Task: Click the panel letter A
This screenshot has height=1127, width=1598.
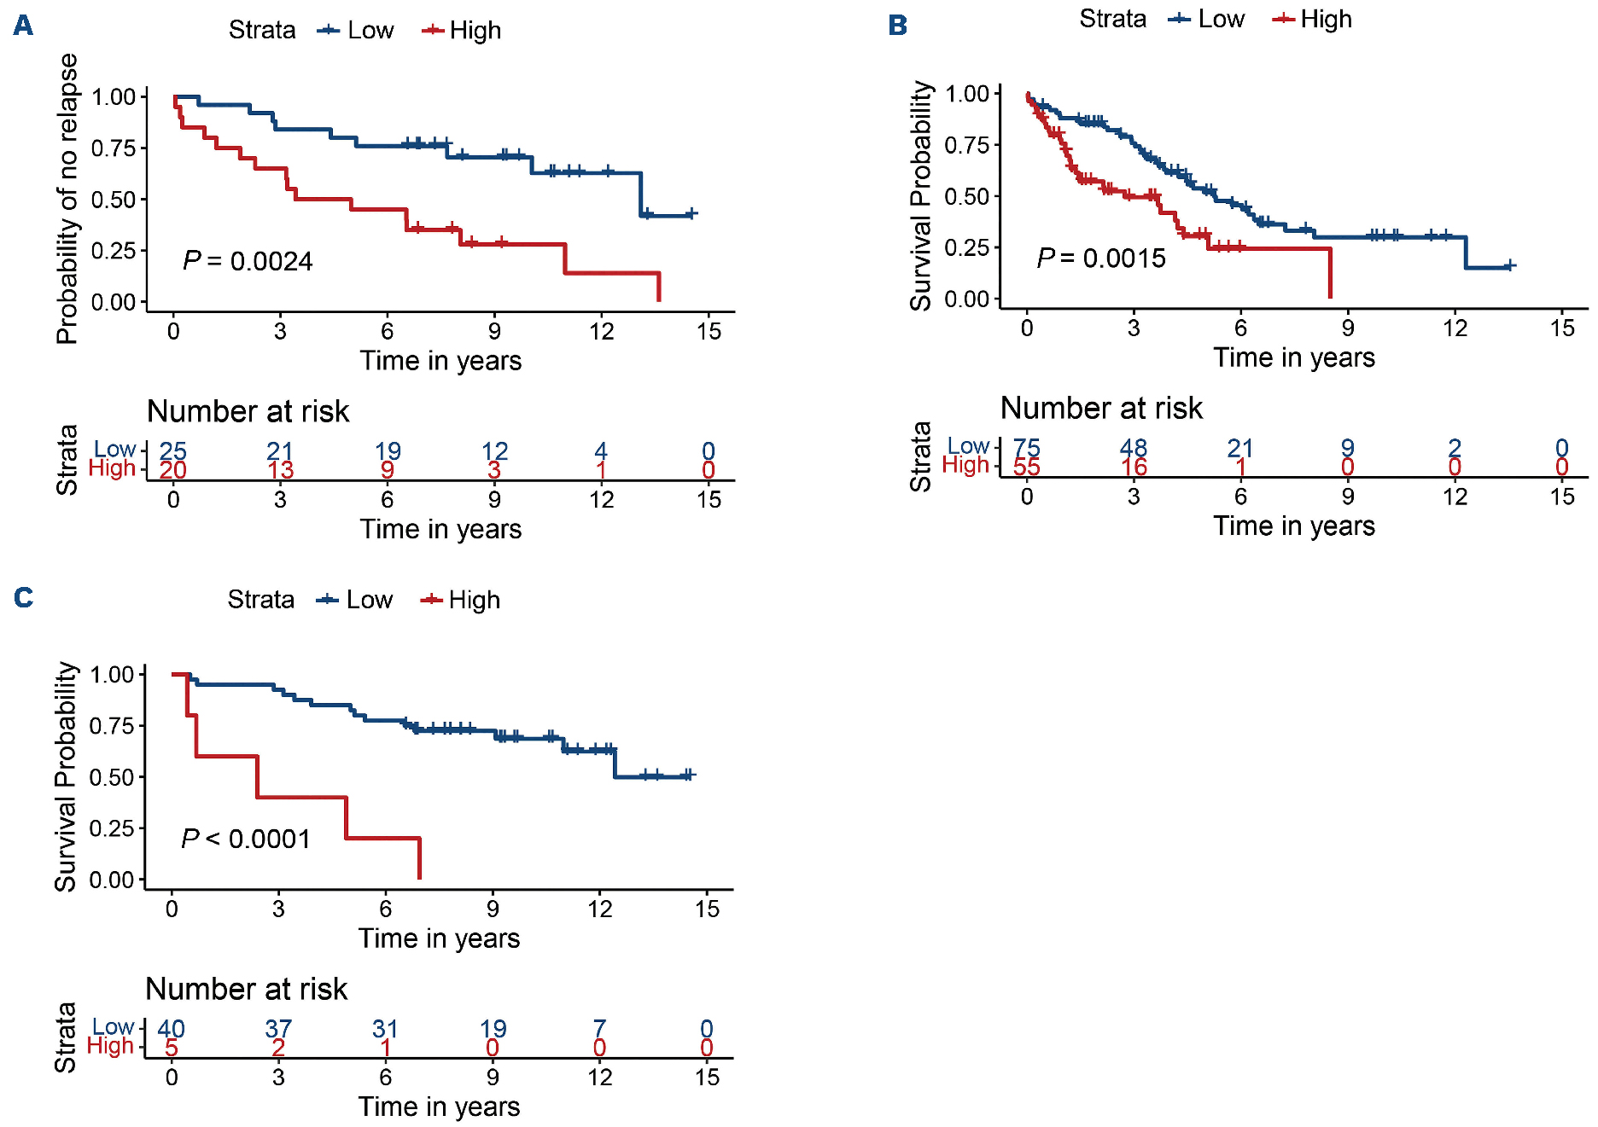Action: tap(23, 26)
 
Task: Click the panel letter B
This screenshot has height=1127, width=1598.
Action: tap(897, 26)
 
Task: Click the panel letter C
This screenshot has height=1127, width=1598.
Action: tap(23, 597)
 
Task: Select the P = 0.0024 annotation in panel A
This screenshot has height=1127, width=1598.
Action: tap(248, 261)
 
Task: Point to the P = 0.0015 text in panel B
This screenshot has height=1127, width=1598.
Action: tap(1101, 258)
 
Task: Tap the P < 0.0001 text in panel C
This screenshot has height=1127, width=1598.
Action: tap(246, 839)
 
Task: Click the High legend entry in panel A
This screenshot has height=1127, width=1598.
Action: tap(463, 31)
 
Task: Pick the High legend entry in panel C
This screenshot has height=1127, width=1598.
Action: tap(461, 600)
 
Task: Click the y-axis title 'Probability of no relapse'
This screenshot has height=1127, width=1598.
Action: tap(67, 199)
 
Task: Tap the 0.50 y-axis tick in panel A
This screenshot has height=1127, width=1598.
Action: tap(114, 200)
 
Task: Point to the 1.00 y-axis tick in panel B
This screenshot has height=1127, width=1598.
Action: tap(966, 94)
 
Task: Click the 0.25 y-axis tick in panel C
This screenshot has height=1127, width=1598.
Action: tap(112, 828)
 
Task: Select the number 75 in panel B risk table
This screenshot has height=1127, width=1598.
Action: tap(1026, 448)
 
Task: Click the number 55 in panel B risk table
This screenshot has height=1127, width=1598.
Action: tap(1026, 467)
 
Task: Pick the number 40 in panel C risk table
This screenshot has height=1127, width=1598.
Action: tap(171, 1028)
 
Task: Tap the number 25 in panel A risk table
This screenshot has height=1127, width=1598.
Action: tap(172, 450)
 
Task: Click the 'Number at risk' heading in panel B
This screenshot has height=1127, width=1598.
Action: tap(1101, 408)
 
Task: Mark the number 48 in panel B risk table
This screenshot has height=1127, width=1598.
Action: tap(1134, 448)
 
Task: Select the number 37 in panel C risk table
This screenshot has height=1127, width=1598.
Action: tap(278, 1028)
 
